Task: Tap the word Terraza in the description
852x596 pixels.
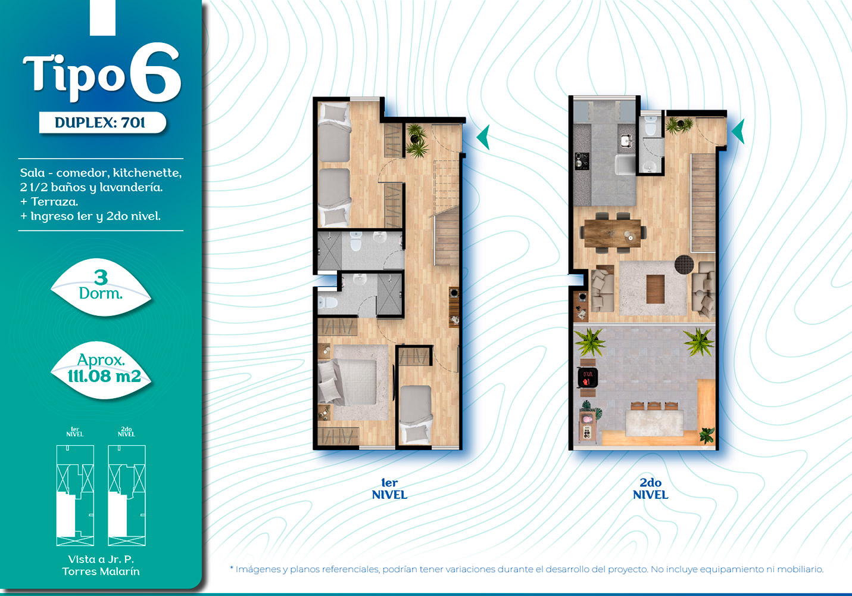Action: (x=54, y=201)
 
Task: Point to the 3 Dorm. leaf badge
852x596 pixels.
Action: (x=101, y=286)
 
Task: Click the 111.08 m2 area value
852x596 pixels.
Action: (x=104, y=376)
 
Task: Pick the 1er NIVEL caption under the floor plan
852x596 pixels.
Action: (x=389, y=489)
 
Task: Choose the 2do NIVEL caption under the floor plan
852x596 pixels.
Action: (x=650, y=489)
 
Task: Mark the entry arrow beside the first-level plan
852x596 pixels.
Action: (x=483, y=137)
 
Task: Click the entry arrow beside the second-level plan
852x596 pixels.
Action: (x=738, y=132)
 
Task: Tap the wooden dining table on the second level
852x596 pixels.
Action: (x=612, y=233)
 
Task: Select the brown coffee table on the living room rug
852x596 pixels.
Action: (x=655, y=288)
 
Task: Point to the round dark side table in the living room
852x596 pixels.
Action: (x=684, y=263)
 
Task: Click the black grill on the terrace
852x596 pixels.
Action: (x=588, y=378)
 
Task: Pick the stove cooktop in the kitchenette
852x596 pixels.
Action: (x=582, y=161)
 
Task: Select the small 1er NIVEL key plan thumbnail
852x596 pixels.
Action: (x=75, y=495)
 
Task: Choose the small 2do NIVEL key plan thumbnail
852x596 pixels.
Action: (x=127, y=495)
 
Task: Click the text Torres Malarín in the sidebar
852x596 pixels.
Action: (x=101, y=572)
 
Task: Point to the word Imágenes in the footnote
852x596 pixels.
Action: (x=258, y=569)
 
